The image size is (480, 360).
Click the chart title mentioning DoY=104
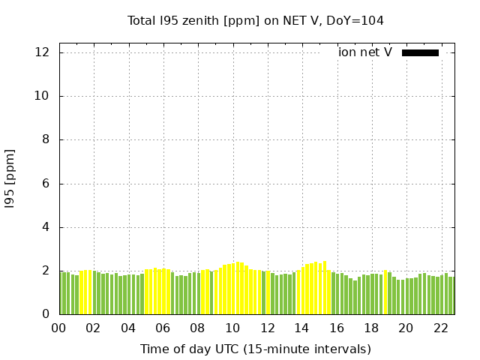[255, 20]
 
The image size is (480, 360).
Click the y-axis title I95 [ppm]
[10, 178]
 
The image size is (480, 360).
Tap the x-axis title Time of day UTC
[255, 349]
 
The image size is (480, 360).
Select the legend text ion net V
[364, 52]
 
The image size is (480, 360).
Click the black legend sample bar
[420, 52]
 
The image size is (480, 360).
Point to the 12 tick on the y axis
[42, 52]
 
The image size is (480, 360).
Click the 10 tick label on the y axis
[42, 96]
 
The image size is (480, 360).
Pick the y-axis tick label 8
[46, 139]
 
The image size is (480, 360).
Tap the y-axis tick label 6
[46, 184]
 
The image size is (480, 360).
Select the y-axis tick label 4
[46, 227]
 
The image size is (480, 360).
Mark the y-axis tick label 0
[46, 314]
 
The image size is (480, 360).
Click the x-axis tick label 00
[59, 328]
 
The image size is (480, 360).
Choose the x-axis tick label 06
[163, 328]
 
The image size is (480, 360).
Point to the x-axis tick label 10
[232, 328]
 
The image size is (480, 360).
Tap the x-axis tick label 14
[302, 328]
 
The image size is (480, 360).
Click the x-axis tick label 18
[371, 328]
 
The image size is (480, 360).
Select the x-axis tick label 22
[441, 328]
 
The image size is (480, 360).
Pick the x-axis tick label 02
[94, 328]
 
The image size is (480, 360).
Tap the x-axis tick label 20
[406, 328]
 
